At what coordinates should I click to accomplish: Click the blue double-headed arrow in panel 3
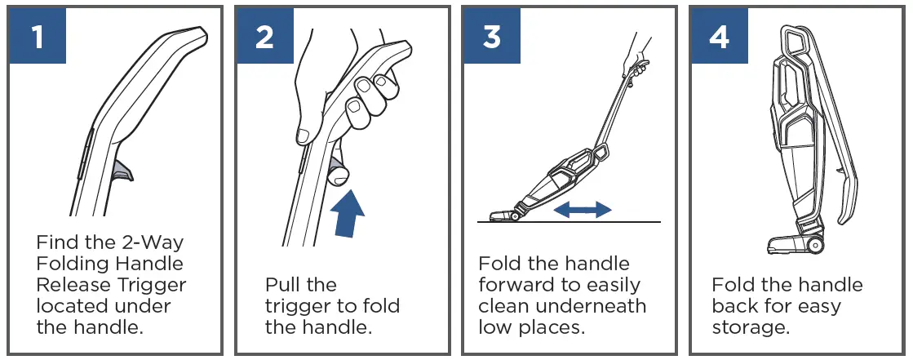coord(582,210)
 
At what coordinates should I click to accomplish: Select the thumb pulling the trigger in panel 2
coord(336,170)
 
